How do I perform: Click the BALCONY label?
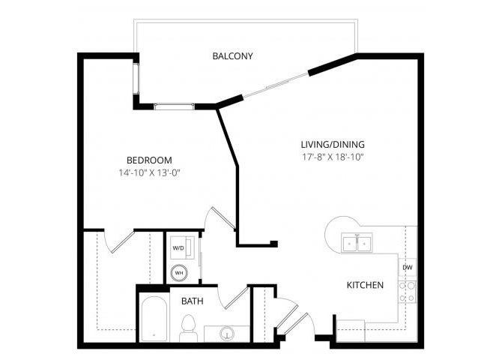point(232,56)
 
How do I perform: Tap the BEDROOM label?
point(149,160)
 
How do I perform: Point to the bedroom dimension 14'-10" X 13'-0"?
point(150,173)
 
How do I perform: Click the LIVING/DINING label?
point(333,144)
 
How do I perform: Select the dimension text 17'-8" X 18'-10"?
point(333,157)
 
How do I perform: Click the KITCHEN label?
point(365,285)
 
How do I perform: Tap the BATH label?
point(192,301)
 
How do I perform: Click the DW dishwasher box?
point(408,267)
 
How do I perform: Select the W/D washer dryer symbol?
point(182,247)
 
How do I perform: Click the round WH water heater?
point(179,273)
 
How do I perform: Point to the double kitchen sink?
point(357,243)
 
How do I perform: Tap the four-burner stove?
point(408,292)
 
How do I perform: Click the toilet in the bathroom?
point(188,328)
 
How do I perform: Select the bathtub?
point(154,319)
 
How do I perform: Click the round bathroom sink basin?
point(227,334)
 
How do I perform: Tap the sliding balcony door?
point(276,85)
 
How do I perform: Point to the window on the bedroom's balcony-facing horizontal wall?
point(174,106)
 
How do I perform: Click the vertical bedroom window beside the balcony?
point(136,79)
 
